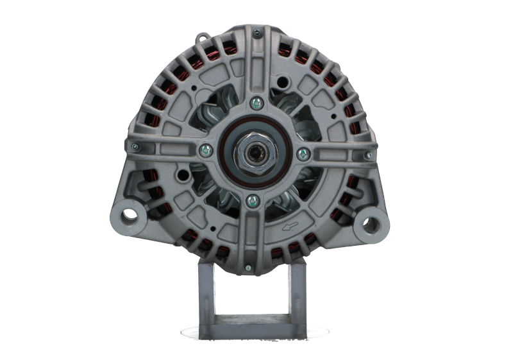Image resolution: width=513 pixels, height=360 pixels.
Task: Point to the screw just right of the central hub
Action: click(303, 153)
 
